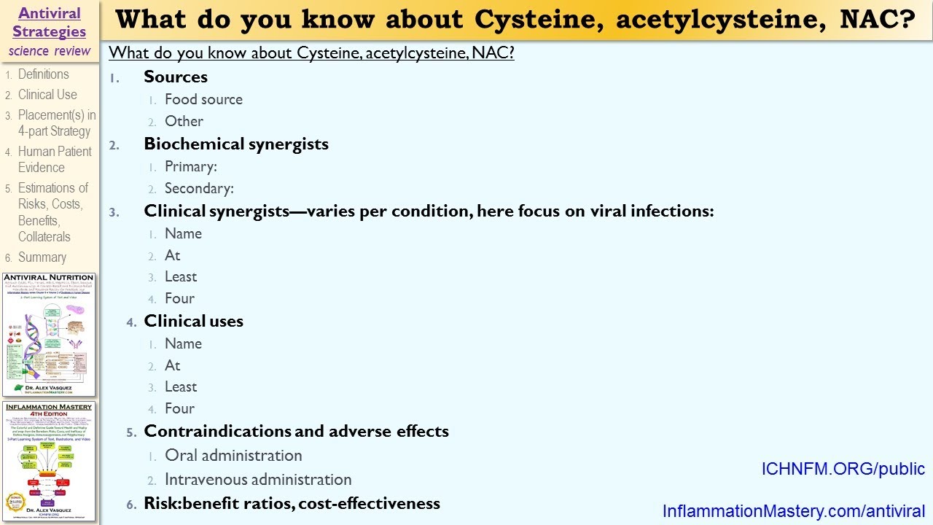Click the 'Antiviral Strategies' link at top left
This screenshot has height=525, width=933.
(49, 22)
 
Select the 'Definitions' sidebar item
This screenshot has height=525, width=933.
(43, 74)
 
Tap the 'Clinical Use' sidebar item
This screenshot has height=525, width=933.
(47, 95)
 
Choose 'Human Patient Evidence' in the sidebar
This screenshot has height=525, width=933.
(55, 159)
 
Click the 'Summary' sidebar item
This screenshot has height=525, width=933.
(42, 257)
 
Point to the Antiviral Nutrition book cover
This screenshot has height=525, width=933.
(49, 335)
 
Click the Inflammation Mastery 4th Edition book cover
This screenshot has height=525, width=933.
(49, 459)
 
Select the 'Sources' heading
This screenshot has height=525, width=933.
(176, 77)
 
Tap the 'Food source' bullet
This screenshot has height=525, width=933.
(203, 99)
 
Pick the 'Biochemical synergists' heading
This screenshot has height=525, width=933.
(236, 144)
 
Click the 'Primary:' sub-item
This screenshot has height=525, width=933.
(191, 166)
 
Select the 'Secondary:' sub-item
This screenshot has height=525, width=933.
(199, 188)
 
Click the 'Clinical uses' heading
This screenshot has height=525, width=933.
(194, 321)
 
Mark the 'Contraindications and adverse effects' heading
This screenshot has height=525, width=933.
(296, 431)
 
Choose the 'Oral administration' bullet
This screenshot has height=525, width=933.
(233, 455)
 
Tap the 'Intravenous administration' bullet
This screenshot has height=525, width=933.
(258, 479)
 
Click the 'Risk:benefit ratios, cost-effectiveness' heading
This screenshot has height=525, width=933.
(292, 502)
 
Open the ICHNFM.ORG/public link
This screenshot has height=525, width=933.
(843, 469)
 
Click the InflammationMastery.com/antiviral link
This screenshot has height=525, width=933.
(794, 511)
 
